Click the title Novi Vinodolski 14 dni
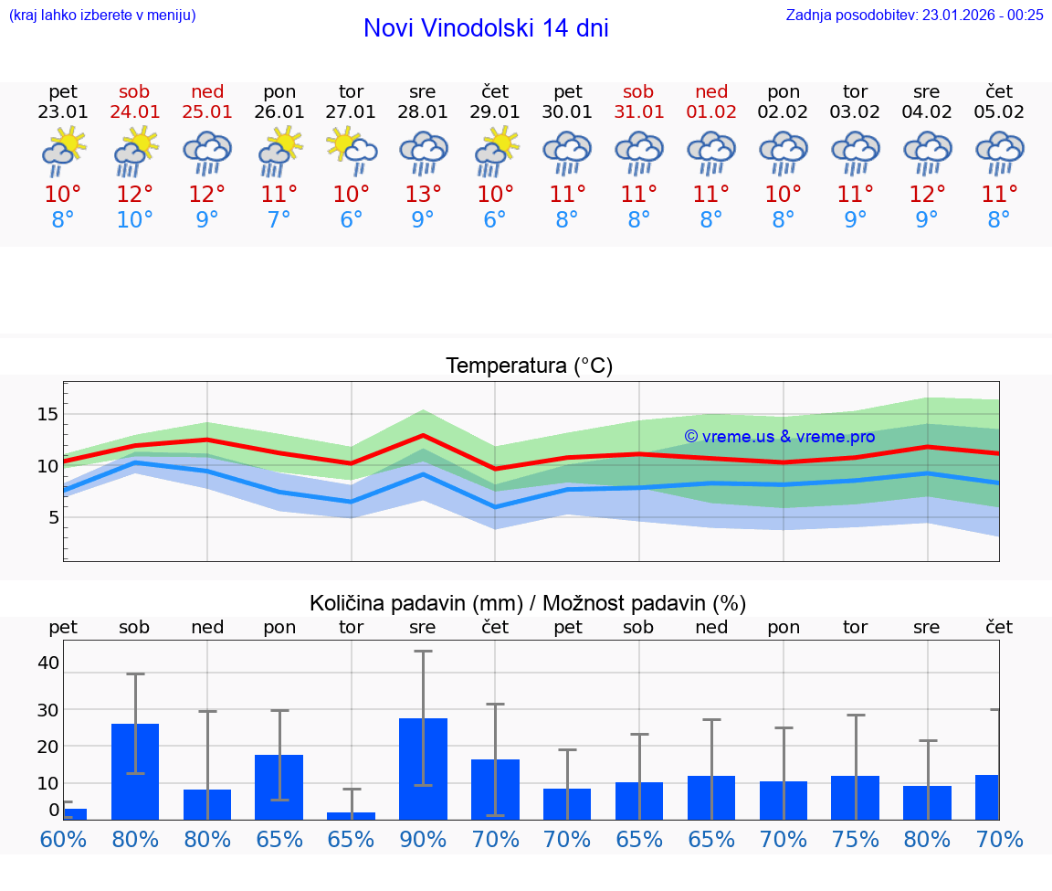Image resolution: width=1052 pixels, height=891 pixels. pyautogui.click(x=486, y=28)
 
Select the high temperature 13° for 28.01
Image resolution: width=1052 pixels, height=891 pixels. pyautogui.click(x=423, y=194)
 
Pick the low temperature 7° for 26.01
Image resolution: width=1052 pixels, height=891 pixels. pyautogui.click(x=279, y=220)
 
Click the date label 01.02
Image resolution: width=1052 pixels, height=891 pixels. pyautogui.click(x=711, y=112)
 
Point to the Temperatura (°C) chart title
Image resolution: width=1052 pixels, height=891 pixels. pyautogui.click(x=529, y=366)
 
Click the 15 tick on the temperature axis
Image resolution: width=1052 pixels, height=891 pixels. pyautogui.click(x=47, y=414)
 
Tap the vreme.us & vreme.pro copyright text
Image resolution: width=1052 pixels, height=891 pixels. pyautogui.click(x=779, y=437)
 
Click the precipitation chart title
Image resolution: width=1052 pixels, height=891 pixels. pyautogui.click(x=528, y=603)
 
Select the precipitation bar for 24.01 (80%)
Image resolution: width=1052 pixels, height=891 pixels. pyautogui.click(x=135, y=771)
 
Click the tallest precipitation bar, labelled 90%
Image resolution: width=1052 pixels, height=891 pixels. pyautogui.click(x=423, y=769)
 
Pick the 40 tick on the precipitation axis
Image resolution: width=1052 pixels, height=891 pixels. pyautogui.click(x=47, y=663)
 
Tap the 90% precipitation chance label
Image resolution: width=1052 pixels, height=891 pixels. pyautogui.click(x=423, y=839)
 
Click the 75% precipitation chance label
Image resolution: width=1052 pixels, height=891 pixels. pyautogui.click(x=856, y=839)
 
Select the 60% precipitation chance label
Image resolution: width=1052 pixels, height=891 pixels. pyautogui.click(x=63, y=839)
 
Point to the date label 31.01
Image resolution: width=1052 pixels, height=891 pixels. pyautogui.click(x=638, y=112)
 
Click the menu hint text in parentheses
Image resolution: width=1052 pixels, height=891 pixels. pyautogui.click(x=102, y=15)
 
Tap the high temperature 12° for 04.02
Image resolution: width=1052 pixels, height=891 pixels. pyautogui.click(x=927, y=194)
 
